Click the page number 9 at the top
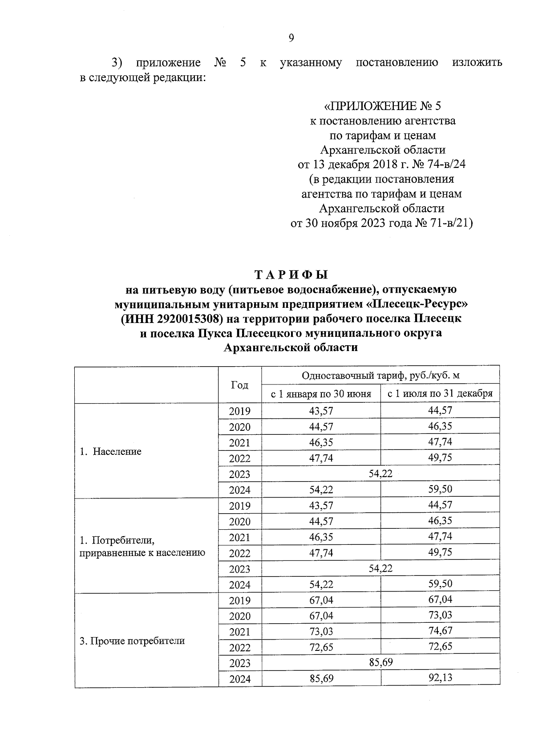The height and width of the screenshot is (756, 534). (291, 38)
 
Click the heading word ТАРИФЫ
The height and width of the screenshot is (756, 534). (291, 274)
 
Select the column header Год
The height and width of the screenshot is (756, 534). (239, 385)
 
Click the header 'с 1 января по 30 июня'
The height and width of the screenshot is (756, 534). (321, 394)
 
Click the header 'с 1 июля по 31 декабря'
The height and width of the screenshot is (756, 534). (440, 393)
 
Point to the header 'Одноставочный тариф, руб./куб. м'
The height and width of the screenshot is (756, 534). (380, 376)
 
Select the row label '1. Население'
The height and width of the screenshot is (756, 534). (110, 451)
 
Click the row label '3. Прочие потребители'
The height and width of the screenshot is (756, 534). (132, 641)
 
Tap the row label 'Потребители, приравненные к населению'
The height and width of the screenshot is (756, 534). (142, 547)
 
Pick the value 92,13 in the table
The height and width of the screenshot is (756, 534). (440, 678)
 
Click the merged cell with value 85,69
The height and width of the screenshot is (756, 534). (380, 662)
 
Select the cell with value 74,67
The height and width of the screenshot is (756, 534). (440, 631)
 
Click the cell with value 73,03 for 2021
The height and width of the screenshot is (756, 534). (321, 631)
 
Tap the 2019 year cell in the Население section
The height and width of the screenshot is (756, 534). (239, 411)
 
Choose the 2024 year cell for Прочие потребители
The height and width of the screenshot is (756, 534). (240, 679)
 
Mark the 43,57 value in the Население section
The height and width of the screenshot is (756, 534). (321, 411)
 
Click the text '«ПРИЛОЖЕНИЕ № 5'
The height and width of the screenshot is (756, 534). (383, 106)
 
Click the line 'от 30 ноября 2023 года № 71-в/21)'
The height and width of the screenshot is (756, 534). (381, 223)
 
